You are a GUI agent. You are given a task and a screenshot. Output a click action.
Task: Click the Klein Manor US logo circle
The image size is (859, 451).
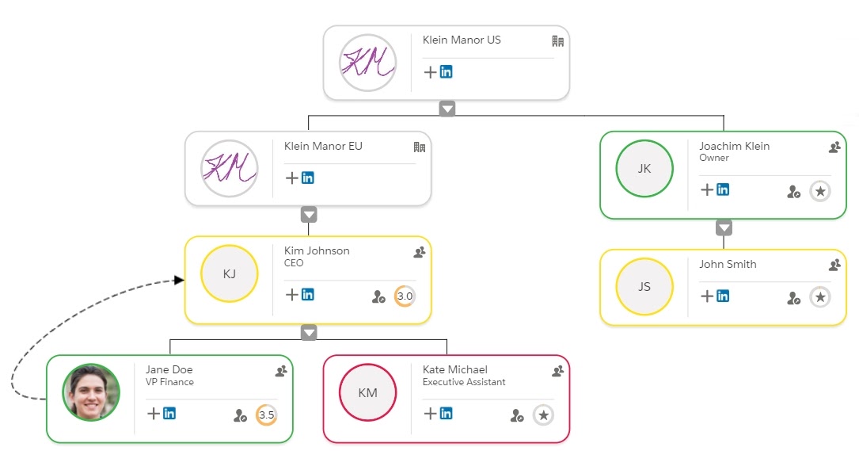pyautogui.click(x=367, y=63)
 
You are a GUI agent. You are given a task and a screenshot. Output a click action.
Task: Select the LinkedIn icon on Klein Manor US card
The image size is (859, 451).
pyautogui.click(x=446, y=72)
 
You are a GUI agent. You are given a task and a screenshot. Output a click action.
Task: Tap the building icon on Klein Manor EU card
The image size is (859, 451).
pyautogui.click(x=419, y=147)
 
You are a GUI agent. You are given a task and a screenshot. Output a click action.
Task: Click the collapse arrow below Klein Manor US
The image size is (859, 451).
pyautogui.click(x=447, y=109)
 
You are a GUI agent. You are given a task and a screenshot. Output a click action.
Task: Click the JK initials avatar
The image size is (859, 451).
pyautogui.click(x=644, y=169)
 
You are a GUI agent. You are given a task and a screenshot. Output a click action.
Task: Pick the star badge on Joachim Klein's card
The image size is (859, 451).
pyautogui.click(x=820, y=191)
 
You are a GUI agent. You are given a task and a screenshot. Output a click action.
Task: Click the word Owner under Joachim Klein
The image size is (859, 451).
pyautogui.click(x=714, y=158)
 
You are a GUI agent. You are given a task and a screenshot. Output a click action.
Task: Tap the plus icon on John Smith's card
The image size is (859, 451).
pyautogui.click(x=707, y=296)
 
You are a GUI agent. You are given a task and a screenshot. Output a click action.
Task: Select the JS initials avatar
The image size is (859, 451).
pyautogui.click(x=644, y=286)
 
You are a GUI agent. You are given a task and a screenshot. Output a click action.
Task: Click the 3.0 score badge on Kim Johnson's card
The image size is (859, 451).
pyautogui.click(x=405, y=296)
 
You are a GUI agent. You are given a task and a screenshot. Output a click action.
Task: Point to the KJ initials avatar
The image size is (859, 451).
pyautogui.click(x=229, y=273)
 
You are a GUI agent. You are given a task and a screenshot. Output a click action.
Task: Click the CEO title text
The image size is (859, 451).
pyautogui.click(x=294, y=263)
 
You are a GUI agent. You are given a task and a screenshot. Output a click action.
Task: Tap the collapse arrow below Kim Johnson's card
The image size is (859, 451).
pyautogui.click(x=309, y=332)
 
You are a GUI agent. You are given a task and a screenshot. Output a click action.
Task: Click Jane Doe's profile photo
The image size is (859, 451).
pyautogui.click(x=91, y=392)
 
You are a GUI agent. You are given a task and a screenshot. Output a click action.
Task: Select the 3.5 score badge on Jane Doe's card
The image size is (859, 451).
pyautogui.click(x=266, y=415)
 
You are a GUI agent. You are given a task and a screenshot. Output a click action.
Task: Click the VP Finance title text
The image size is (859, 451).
pyautogui.click(x=170, y=382)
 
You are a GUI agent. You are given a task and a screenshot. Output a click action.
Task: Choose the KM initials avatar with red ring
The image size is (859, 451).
pyautogui.click(x=367, y=392)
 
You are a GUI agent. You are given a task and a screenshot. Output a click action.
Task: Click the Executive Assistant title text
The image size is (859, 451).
pyautogui.click(x=464, y=382)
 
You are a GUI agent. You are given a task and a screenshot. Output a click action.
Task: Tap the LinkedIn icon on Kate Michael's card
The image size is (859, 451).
pyautogui.click(x=446, y=413)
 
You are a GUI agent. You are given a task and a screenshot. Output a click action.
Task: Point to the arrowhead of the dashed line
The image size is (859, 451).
pyautogui.click(x=179, y=281)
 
